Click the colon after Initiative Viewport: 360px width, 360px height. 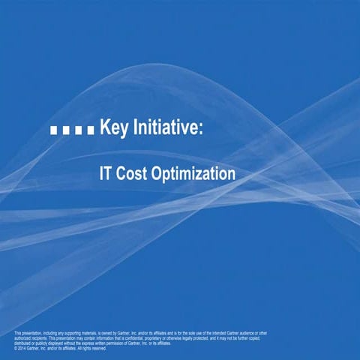tap(200, 130)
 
